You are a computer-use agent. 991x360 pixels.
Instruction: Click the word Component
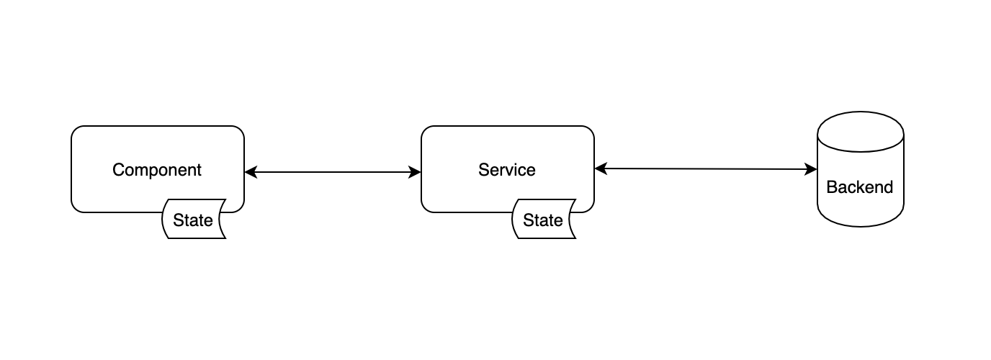[156, 170]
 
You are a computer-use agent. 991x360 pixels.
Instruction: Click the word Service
[506, 170]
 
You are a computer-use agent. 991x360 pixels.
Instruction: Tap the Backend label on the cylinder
[860, 187]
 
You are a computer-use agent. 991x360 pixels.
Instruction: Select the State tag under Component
[194, 220]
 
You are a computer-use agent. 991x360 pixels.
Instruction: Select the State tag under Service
[544, 220]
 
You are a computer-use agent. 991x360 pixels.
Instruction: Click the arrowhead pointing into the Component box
[251, 172]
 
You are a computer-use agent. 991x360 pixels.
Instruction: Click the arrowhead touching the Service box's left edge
[415, 172]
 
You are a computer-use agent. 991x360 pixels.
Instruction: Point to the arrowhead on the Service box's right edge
[601, 168]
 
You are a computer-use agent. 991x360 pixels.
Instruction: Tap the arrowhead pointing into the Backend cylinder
[810, 169]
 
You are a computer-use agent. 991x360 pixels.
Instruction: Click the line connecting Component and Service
[333, 172]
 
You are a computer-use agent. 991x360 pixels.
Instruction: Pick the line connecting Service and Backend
[706, 169]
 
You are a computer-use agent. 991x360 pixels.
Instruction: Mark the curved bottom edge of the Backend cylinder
[861, 226]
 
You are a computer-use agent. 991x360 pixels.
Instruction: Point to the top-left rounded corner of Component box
[75, 130]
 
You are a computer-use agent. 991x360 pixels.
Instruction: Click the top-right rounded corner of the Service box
[590, 130]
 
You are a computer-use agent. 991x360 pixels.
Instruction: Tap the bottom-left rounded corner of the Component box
[75, 208]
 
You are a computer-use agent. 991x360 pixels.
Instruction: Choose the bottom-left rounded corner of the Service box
[425, 208]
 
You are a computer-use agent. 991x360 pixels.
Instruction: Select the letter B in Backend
[832, 187]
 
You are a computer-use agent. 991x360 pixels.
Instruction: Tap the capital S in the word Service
[484, 170]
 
